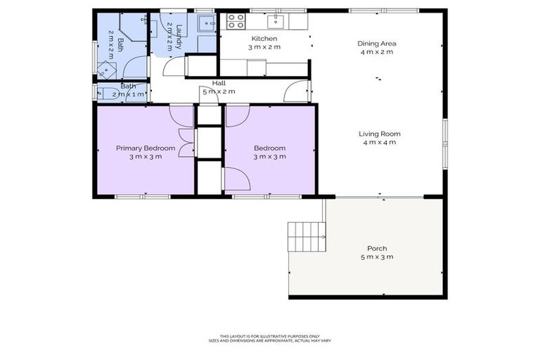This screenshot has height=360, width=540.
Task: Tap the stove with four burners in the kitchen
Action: tap(236, 20)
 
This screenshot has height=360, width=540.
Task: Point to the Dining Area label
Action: tap(378, 43)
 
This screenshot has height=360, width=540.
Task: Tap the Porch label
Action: tap(377, 248)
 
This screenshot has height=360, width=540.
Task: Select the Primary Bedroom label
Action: tap(146, 148)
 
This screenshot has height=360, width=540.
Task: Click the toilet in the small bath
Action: tap(108, 94)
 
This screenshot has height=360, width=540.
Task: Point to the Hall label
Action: tap(219, 83)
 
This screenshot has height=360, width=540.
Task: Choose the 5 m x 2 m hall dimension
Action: tap(219, 91)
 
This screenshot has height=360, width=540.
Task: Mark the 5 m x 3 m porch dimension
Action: tap(377, 257)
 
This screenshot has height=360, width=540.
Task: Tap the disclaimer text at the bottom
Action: tap(270, 338)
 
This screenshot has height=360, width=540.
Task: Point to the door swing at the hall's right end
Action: tap(300, 91)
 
